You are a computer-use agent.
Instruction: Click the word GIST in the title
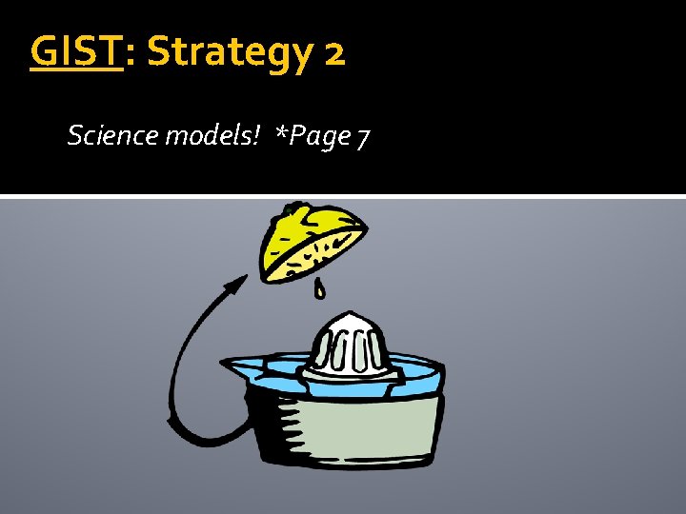tap(77, 52)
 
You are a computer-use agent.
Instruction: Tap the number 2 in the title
tap(334, 54)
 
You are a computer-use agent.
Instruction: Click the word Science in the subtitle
tap(113, 136)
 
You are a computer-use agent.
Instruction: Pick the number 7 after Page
tap(363, 138)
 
